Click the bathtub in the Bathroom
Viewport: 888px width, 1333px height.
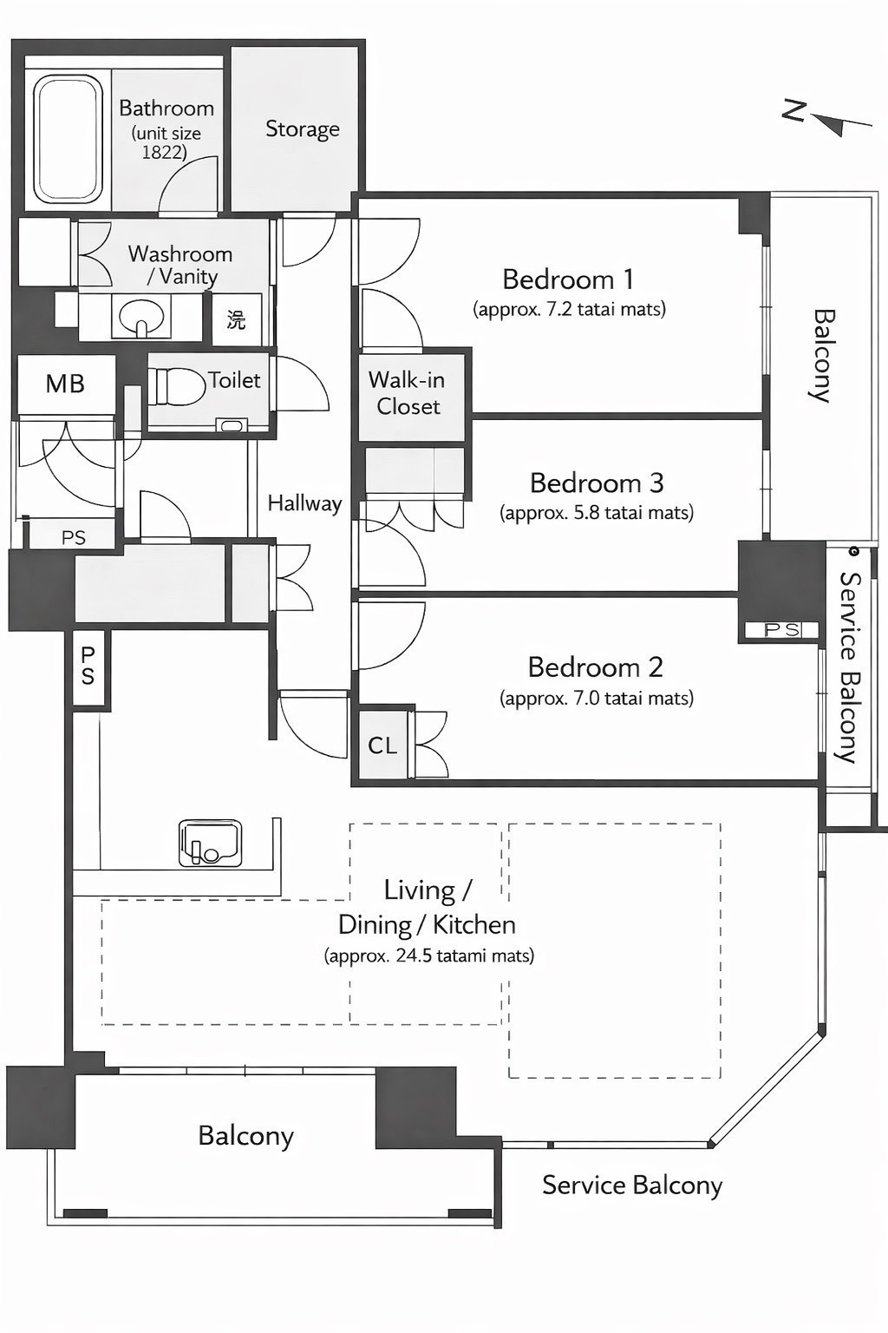click(67, 140)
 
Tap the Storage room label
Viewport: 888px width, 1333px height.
click(302, 129)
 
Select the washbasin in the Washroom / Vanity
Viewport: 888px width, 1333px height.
click(141, 316)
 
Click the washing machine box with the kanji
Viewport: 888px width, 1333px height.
click(237, 319)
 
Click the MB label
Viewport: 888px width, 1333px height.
click(65, 384)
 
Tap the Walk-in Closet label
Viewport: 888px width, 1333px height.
click(408, 393)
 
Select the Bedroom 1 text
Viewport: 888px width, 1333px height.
click(568, 279)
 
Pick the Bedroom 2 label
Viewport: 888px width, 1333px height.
click(596, 667)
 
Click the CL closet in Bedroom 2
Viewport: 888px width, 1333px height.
click(382, 745)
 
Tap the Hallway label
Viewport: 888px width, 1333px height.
click(304, 503)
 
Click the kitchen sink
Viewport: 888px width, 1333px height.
click(211, 843)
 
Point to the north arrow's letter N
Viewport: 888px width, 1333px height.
click(794, 111)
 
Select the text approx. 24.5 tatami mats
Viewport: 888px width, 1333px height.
click(429, 955)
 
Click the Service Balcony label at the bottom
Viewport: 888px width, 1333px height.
click(632, 1185)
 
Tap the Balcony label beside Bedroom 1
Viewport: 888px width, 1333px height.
click(823, 356)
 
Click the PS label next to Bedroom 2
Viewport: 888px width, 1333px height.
click(782, 629)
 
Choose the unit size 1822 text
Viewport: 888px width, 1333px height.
click(166, 143)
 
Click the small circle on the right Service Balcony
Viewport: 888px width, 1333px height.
click(855, 551)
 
